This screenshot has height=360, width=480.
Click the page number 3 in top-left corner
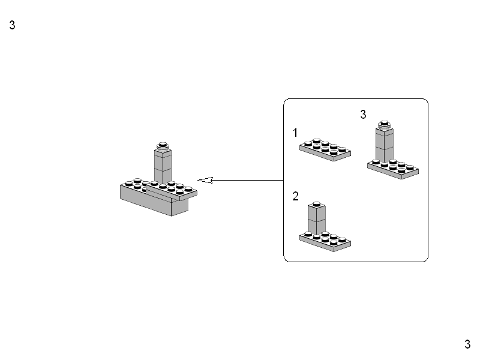tap(12, 26)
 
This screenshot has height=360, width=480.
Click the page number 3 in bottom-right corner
tap(467, 344)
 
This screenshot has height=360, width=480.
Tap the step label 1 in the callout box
tap(295, 132)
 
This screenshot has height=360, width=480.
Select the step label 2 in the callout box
tap(295, 196)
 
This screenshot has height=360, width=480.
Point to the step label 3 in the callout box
tap(363, 115)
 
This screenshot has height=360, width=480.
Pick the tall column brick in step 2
tap(317, 220)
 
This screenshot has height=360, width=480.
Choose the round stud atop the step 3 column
tap(384, 125)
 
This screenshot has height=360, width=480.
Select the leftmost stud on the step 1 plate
tap(307, 144)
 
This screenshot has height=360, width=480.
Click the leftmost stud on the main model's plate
tap(129, 183)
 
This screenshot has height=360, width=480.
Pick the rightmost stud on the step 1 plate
tap(342, 149)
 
